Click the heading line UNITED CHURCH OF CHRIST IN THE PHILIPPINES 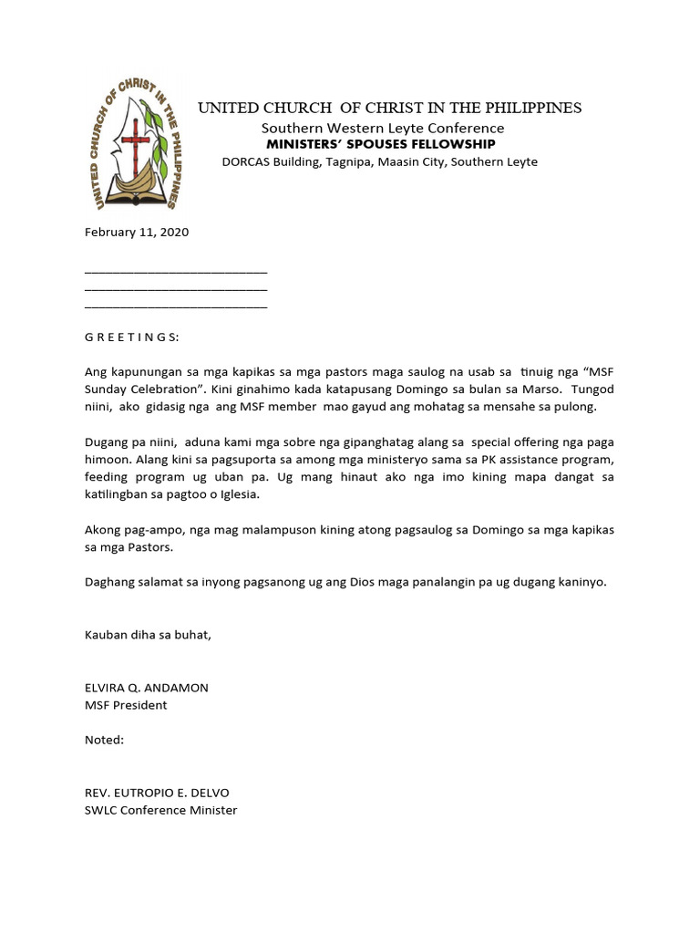point(390,109)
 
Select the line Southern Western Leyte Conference point(383,129)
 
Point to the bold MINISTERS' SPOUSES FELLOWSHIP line point(380,144)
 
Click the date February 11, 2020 point(137,233)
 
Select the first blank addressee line point(176,271)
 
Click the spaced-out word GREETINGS point(132,337)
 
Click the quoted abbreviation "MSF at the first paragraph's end point(597,372)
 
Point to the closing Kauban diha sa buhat point(148,635)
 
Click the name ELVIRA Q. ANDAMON point(147,688)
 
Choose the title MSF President point(126,705)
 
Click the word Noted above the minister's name point(104,740)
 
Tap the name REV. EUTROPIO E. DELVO point(154,793)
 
